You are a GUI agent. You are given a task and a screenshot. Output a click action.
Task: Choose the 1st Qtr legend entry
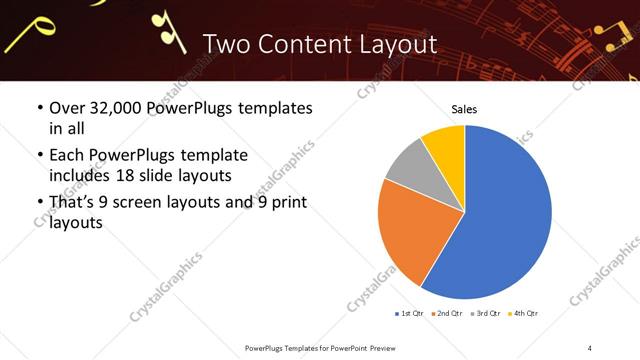pos(410,313)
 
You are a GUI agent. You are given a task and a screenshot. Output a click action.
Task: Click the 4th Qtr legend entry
pos(523,313)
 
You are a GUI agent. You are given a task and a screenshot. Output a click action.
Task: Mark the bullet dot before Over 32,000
pos(40,108)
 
